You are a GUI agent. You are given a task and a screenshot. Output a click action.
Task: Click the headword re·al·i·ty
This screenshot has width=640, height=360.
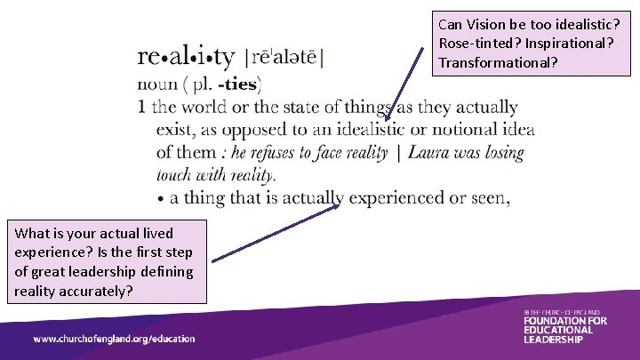coord(186,57)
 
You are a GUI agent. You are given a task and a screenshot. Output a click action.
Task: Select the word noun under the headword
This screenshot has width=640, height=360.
coord(158,85)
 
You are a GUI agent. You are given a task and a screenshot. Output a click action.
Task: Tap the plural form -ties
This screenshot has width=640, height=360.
coord(235,85)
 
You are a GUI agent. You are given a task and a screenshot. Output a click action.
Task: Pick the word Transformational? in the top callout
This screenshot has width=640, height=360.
coord(498,63)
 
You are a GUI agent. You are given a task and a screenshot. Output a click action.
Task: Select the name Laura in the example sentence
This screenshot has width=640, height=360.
coord(428,153)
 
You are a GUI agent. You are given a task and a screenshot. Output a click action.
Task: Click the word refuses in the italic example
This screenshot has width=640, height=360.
coord(275,153)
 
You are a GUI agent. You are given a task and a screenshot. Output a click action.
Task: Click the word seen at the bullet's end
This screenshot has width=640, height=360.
coord(492,197)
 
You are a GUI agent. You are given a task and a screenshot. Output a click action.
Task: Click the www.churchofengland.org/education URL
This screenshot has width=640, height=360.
coord(114,339)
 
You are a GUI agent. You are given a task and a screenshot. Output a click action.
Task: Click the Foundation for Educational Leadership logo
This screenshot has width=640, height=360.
coord(564,326)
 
